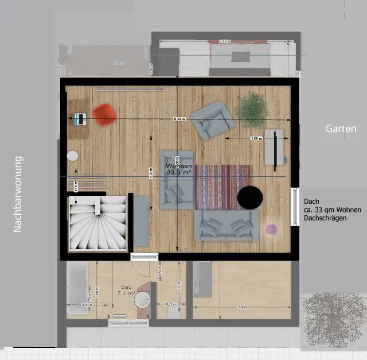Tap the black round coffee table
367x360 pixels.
pos(251,197)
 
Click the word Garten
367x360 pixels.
pos(341,129)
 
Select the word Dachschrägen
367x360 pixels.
pos(326,218)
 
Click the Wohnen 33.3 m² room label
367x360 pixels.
pos(179,169)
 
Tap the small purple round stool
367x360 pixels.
pos(271,229)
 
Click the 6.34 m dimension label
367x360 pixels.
pos(179,119)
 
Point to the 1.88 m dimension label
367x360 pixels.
pos(256,138)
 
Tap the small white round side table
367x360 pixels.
pos(73,155)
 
